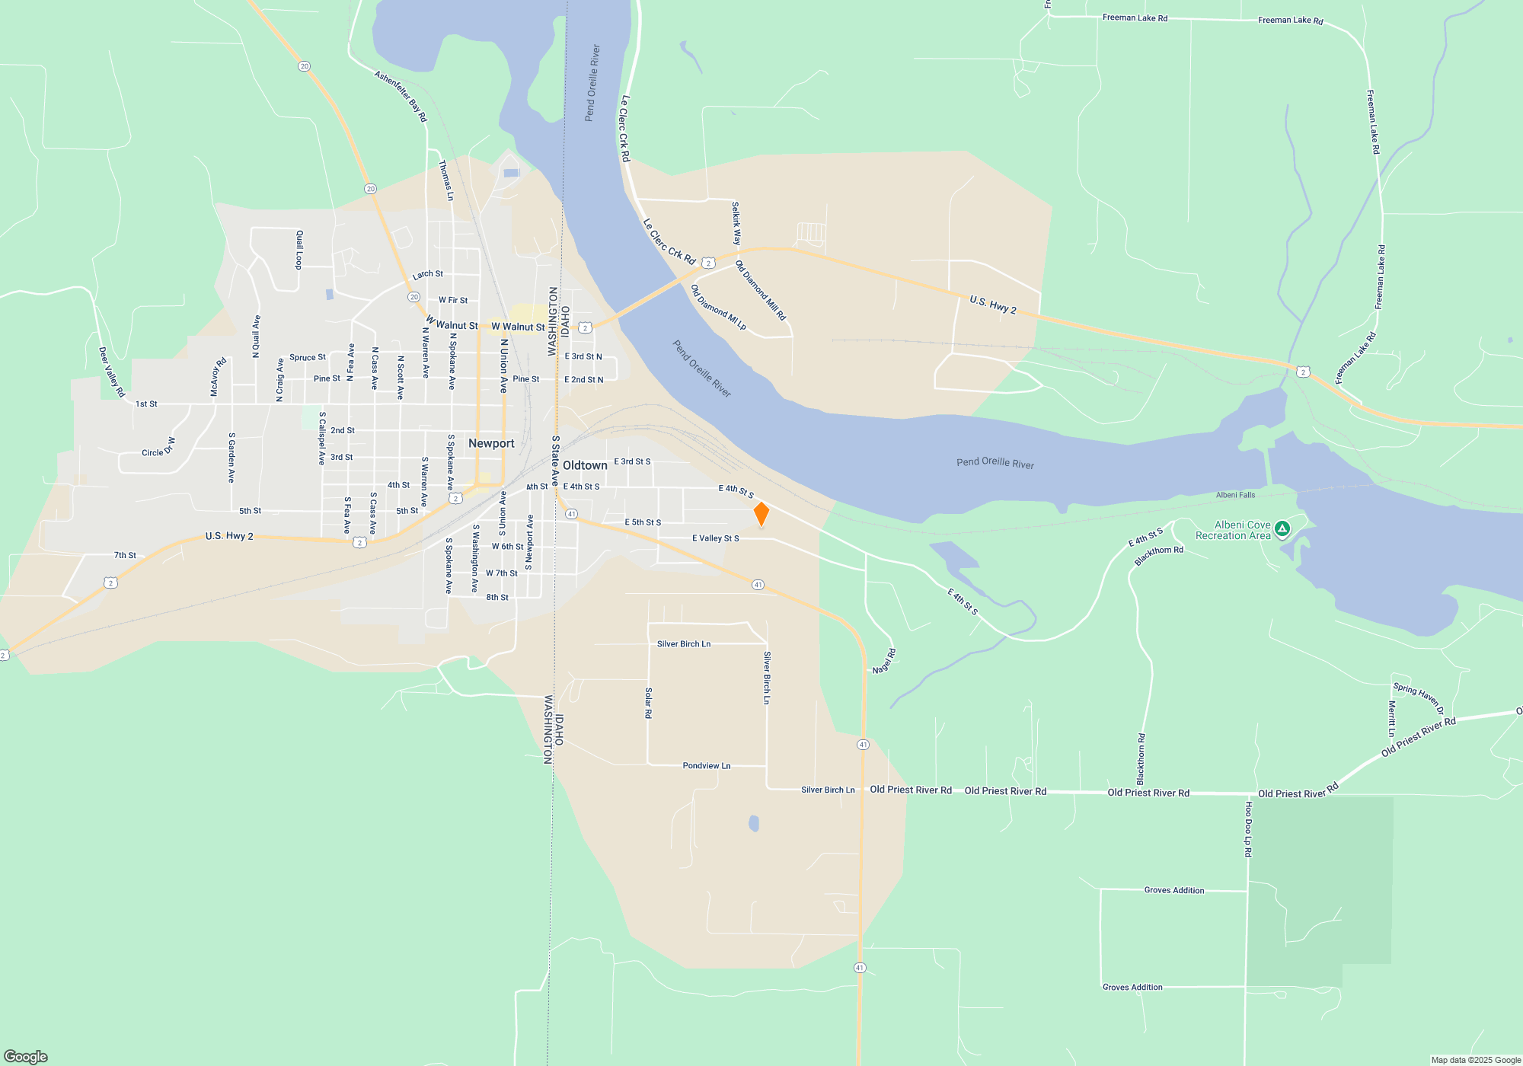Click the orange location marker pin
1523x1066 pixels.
[x=761, y=514]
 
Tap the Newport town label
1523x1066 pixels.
[x=491, y=443]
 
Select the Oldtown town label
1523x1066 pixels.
[x=585, y=465]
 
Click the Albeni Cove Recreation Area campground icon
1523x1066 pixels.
[x=1282, y=528]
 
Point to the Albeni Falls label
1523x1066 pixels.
[x=1235, y=495]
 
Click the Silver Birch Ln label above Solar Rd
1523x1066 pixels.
[x=683, y=644]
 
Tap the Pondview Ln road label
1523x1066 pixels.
[x=706, y=766]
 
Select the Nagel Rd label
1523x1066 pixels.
[x=884, y=661]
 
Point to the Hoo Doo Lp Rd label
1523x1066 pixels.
[x=1248, y=829]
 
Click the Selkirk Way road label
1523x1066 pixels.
[x=736, y=223]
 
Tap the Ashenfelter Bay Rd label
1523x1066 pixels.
[x=401, y=96]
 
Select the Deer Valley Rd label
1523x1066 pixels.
[x=111, y=372]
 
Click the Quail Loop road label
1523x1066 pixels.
[x=299, y=249]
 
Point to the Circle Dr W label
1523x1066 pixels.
[x=158, y=448]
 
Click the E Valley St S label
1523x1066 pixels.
[x=715, y=538]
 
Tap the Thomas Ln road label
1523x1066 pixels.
[x=445, y=180]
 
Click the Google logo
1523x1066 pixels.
[x=26, y=1056]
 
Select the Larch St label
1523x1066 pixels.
[x=427, y=274]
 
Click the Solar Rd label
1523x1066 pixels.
[x=648, y=703]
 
